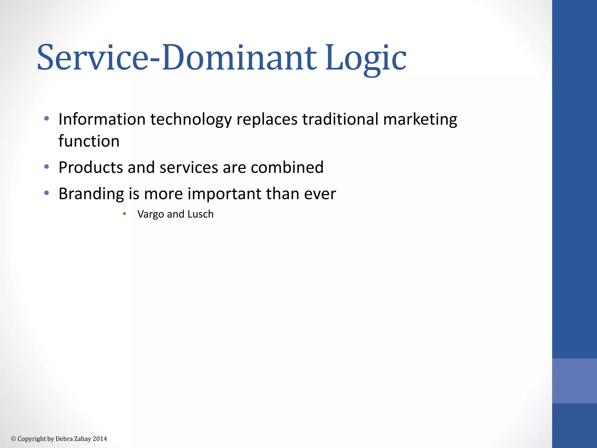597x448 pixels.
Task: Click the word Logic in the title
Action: [x=366, y=58]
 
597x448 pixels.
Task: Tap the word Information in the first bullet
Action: [x=102, y=119]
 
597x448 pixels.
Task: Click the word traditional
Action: [x=340, y=119]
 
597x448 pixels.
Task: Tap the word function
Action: [x=89, y=141]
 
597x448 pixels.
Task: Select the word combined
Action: [x=287, y=167]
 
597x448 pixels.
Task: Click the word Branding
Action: [x=91, y=194]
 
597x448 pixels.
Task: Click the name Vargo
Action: [x=150, y=215]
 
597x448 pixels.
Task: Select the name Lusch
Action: [x=200, y=214]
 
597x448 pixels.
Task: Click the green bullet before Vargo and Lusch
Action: [x=124, y=214]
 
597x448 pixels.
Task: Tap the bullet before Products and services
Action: [x=46, y=167]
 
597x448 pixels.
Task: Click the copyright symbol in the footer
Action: [x=13, y=439]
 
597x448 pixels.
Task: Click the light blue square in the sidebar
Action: [x=574, y=381]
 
